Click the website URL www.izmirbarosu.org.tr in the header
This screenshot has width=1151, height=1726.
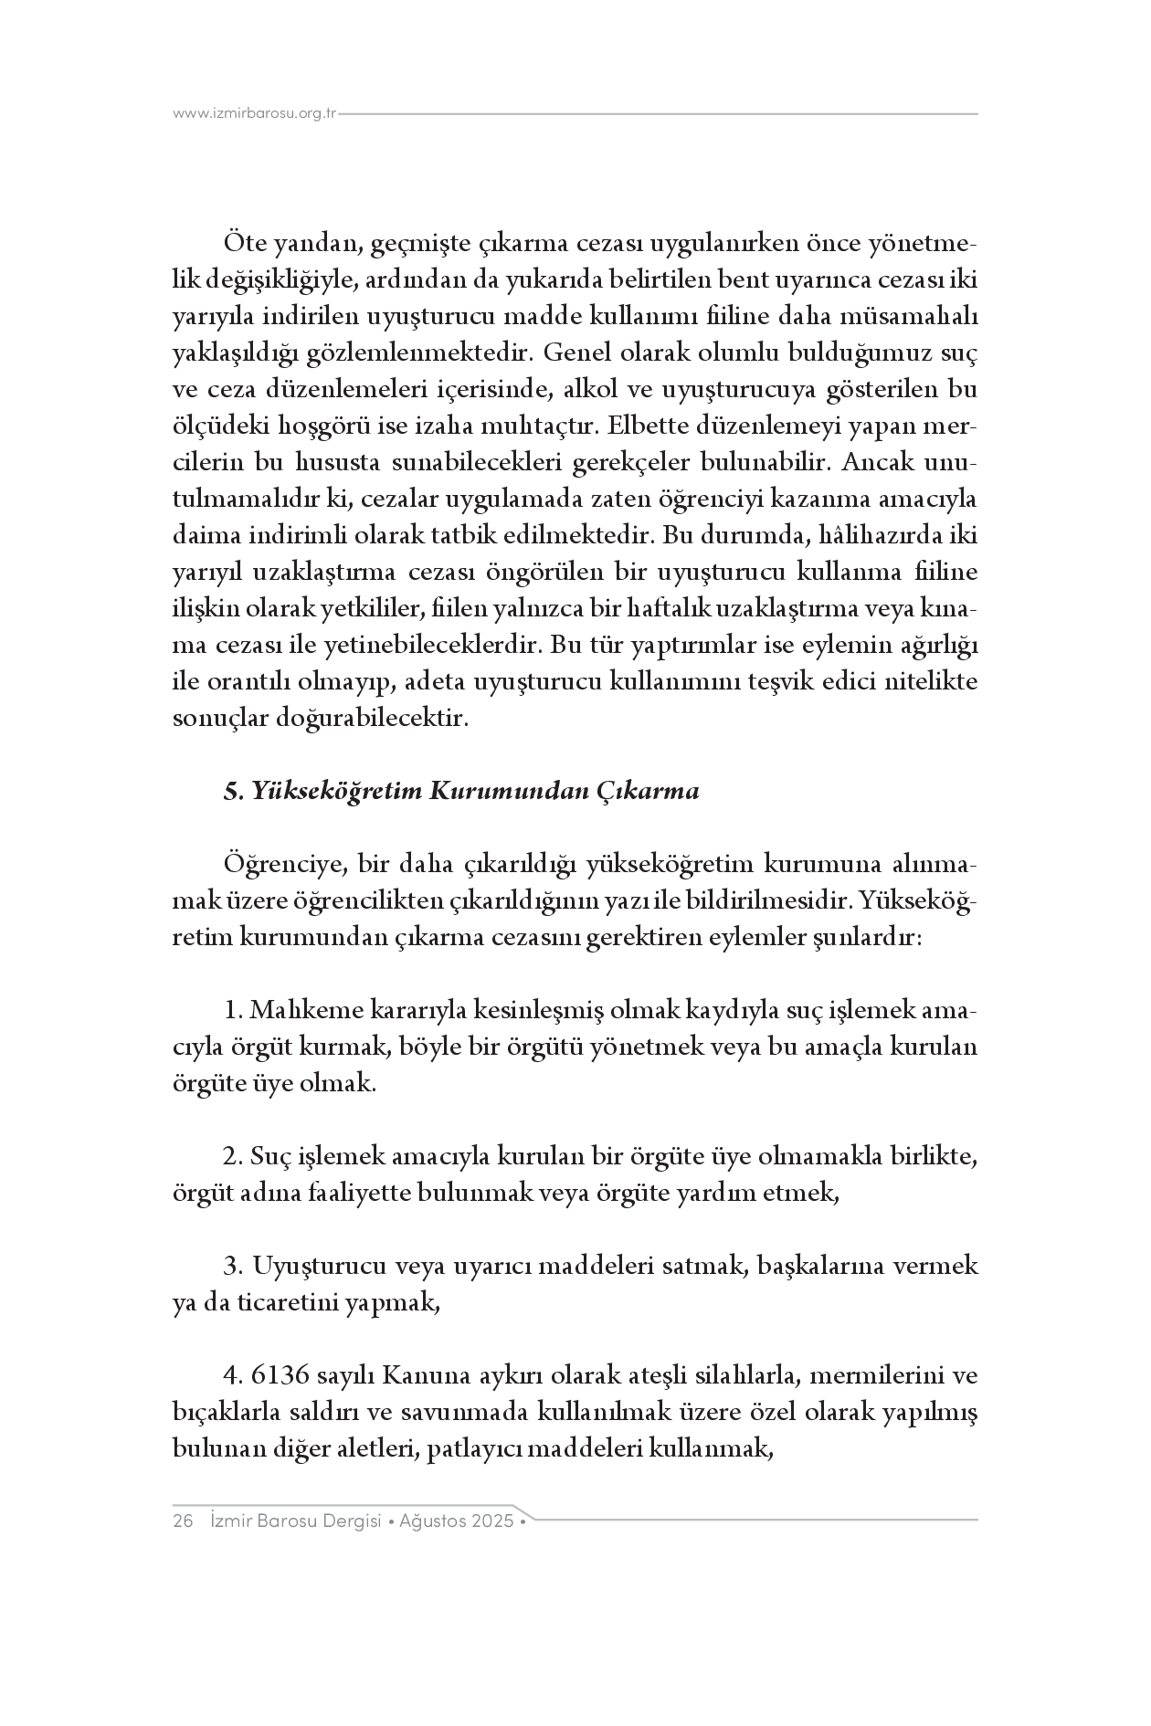click(x=255, y=114)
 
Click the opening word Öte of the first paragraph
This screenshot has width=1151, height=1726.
click(x=242, y=245)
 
